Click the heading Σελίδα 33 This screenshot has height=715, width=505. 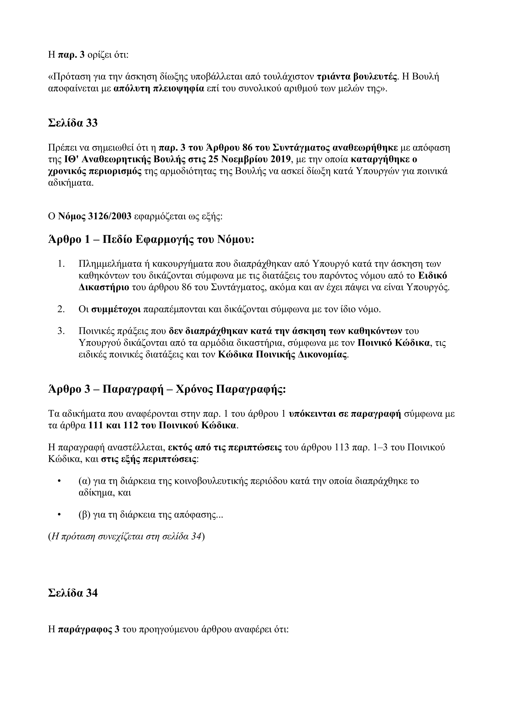[73, 123]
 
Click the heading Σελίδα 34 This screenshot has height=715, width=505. [73, 593]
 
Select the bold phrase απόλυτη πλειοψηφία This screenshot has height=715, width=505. [159, 89]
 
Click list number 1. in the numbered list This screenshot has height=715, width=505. [61, 264]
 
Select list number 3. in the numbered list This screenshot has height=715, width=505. [61, 331]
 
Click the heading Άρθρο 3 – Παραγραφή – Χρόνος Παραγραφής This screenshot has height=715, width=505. [167, 390]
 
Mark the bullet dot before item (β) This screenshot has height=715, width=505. [59, 515]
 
